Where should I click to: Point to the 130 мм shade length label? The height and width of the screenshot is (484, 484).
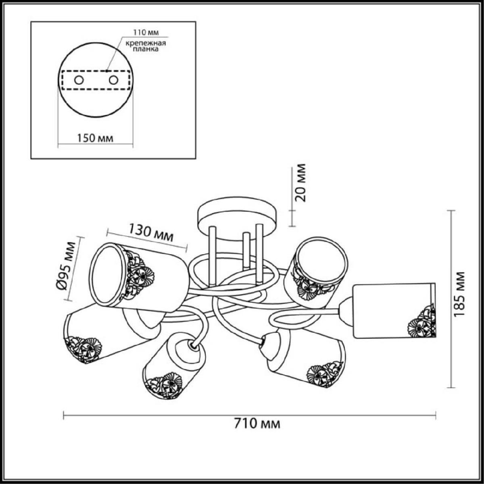[x=151, y=233]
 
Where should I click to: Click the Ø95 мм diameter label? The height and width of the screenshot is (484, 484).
[x=66, y=266]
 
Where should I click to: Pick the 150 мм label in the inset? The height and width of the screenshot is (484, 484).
[x=95, y=138]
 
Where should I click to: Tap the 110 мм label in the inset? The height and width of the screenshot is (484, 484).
[x=146, y=32]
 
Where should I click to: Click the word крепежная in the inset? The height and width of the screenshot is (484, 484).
[x=146, y=43]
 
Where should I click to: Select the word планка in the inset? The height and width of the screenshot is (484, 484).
[x=146, y=49]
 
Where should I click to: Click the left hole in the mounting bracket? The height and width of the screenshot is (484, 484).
[x=79, y=80]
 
